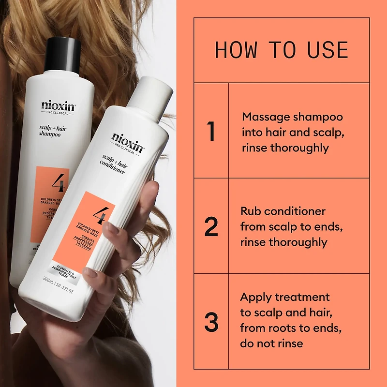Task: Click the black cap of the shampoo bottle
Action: pyautogui.click(x=63, y=53)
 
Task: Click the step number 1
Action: pyautogui.click(x=211, y=132)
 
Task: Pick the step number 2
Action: pyautogui.click(x=211, y=227)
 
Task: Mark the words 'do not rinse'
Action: pyautogui.click(x=271, y=343)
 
